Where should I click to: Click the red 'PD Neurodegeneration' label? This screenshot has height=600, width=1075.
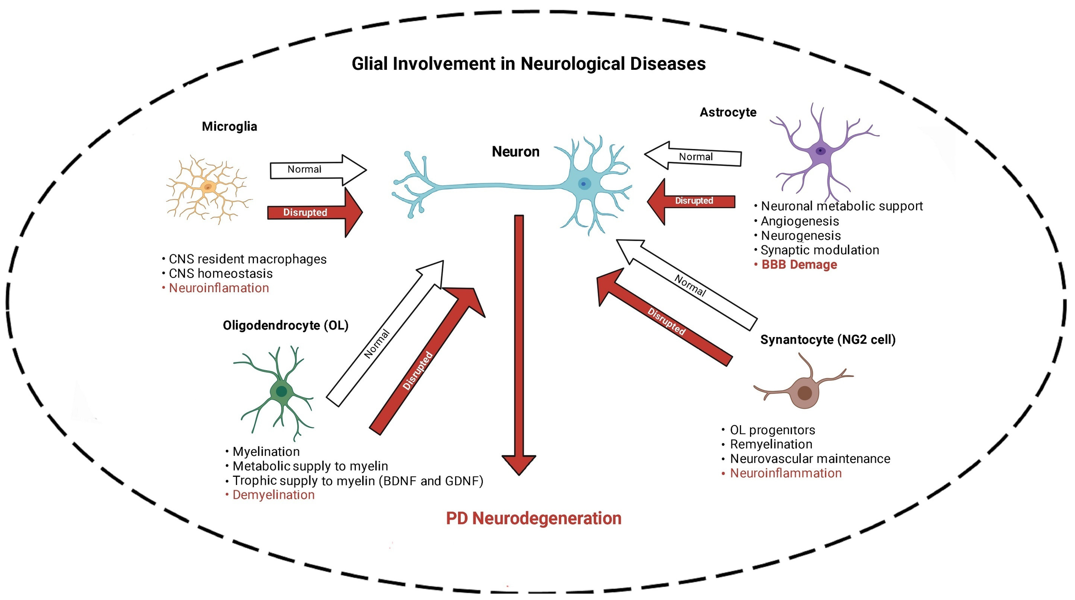(x=533, y=518)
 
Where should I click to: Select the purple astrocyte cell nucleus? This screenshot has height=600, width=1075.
(x=820, y=151)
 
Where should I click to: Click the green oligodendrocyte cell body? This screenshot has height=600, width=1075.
(x=282, y=391)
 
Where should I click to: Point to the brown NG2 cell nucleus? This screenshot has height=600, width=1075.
(x=804, y=393)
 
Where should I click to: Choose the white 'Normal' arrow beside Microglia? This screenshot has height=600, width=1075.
(x=317, y=169)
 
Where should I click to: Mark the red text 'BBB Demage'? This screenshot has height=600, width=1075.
(x=799, y=265)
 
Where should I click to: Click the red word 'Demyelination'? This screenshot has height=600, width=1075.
(x=273, y=495)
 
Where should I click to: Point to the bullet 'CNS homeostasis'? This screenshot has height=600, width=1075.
(x=220, y=274)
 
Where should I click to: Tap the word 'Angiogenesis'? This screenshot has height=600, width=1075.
(x=800, y=221)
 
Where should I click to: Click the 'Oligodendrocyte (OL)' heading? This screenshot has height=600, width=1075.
(x=285, y=325)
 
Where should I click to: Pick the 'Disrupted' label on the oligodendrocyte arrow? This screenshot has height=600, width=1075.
(x=418, y=370)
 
